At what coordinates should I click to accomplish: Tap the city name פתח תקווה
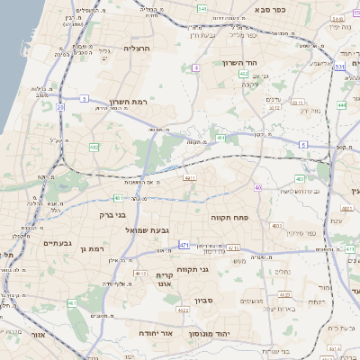[253, 216]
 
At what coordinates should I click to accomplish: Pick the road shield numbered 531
[339, 67]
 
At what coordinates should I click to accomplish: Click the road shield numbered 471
[184, 244]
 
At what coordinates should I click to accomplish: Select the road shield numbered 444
[342, 105]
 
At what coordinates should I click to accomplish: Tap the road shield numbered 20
[60, 108]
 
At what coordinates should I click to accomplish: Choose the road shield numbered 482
[94, 147]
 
